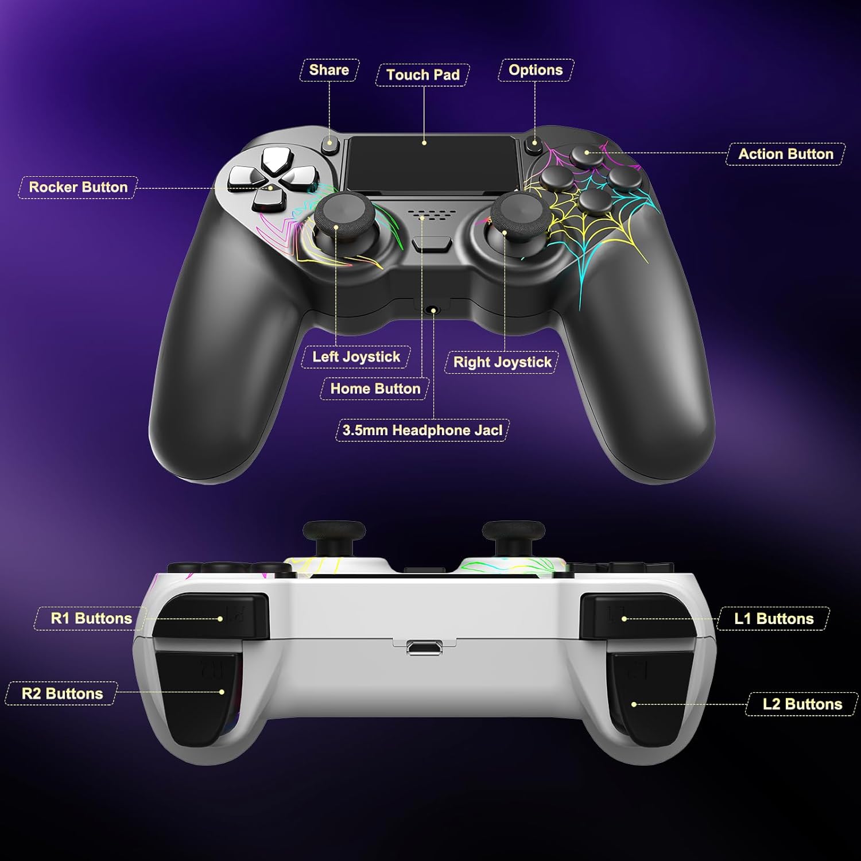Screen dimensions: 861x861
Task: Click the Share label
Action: tap(329, 70)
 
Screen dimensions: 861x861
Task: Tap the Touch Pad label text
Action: tap(423, 75)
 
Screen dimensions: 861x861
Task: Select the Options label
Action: tap(536, 70)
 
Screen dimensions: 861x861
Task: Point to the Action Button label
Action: tap(785, 154)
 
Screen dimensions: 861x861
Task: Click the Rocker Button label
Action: tap(78, 187)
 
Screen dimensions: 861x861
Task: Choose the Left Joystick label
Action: tap(356, 356)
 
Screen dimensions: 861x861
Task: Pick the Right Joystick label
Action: tap(502, 362)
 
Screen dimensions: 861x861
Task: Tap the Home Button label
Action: tap(375, 389)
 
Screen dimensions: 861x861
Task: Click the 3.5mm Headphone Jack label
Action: tap(422, 430)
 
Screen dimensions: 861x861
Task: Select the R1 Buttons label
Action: tap(91, 618)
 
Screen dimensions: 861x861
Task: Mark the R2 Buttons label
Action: tap(62, 693)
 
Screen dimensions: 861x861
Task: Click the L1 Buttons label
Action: tap(774, 618)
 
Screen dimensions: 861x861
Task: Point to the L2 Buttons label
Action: tap(802, 704)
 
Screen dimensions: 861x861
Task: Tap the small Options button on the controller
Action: tap(534, 146)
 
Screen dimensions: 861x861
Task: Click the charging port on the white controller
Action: tap(424, 648)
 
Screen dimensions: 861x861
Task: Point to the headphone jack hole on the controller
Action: tap(433, 311)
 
